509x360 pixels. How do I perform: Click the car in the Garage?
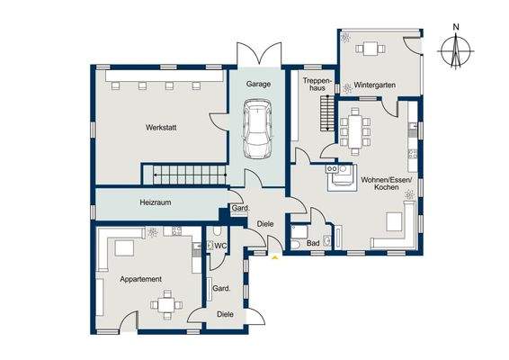(x=258, y=129)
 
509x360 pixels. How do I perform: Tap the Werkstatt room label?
(x=161, y=128)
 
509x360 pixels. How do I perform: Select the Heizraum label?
(x=156, y=202)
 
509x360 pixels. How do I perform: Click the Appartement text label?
(x=140, y=279)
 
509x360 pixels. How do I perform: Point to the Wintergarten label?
(x=375, y=85)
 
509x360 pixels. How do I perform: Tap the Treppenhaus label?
(x=314, y=84)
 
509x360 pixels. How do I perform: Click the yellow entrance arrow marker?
(x=275, y=257)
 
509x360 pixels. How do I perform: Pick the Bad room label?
(x=313, y=243)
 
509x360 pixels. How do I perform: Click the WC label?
(x=220, y=247)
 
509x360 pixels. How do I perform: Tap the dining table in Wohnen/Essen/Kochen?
(x=355, y=131)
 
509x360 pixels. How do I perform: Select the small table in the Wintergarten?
(x=371, y=49)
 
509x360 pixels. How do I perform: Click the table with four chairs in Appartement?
(x=166, y=305)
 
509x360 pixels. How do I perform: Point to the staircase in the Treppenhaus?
(x=327, y=113)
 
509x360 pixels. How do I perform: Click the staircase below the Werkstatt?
(x=190, y=175)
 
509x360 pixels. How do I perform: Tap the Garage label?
(x=258, y=84)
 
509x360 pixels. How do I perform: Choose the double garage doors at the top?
(x=259, y=54)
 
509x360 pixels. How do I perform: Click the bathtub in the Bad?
(x=299, y=232)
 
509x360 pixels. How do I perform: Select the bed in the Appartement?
(x=124, y=248)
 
